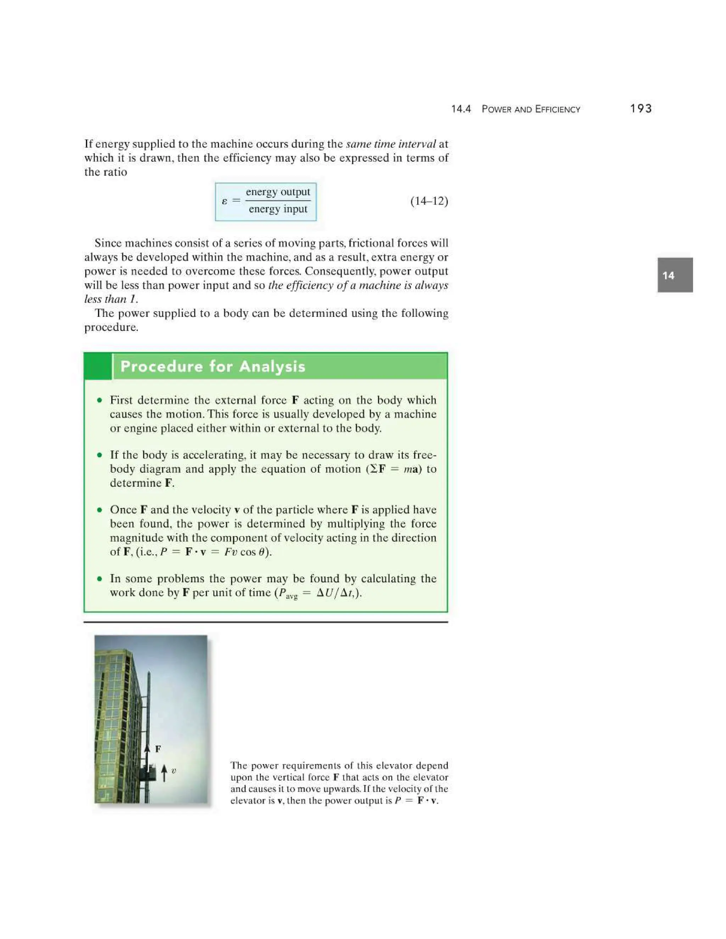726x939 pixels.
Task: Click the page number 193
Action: (641, 109)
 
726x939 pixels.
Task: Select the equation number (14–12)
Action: (429, 201)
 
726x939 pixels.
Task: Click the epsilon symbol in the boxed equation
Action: (224, 201)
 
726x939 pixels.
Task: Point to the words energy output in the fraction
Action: (278, 192)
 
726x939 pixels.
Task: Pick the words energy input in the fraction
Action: (278, 209)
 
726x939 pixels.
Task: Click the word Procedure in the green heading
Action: (161, 366)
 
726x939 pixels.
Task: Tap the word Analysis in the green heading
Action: (272, 366)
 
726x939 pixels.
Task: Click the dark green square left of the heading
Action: (97, 366)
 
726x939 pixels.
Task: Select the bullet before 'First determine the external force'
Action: (100, 400)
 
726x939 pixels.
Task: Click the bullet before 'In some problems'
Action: (100, 579)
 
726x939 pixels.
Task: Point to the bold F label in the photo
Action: (158, 749)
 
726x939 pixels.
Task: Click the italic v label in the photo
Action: (174, 771)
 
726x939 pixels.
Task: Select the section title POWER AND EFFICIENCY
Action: (531, 109)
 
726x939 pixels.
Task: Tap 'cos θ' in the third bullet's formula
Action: (254, 552)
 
